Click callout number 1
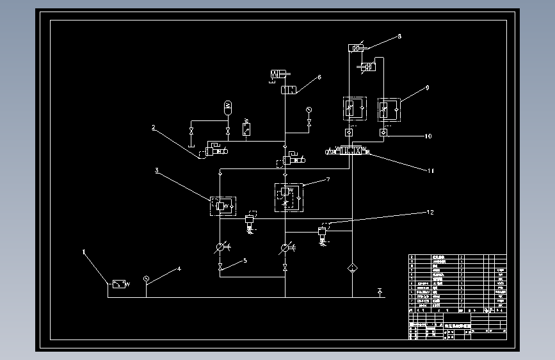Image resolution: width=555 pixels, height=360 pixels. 84,252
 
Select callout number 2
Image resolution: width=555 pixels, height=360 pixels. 154,127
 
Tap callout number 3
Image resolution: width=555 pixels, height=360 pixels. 156,170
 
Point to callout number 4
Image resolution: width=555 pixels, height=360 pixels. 179,269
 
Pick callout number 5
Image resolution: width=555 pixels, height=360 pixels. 244,261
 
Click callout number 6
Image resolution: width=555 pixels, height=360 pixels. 319,78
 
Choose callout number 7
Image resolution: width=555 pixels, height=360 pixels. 328,180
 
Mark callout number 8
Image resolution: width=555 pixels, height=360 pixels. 399,37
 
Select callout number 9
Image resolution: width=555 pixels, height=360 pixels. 427,87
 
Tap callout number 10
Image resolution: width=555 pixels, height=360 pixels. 428,136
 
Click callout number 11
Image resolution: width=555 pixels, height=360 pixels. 431,170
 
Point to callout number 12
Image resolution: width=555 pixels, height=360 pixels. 430,211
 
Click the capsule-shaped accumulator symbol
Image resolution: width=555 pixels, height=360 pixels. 228,106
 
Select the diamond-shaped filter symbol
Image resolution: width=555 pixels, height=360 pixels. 351,267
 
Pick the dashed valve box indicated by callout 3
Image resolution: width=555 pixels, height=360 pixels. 221,206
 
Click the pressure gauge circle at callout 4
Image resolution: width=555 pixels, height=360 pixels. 146,278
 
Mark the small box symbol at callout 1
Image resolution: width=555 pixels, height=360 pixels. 118,284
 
